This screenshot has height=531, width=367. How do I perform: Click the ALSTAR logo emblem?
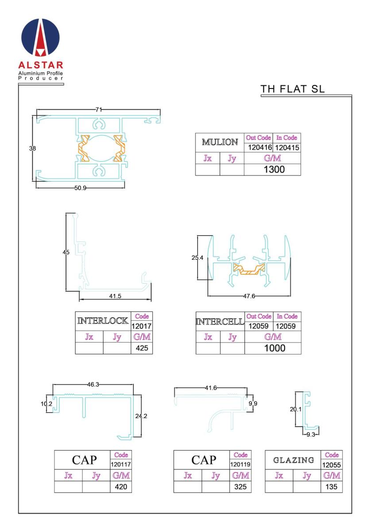pyautogui.click(x=40, y=38)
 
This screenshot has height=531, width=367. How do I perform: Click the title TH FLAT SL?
pyautogui.click(x=292, y=89)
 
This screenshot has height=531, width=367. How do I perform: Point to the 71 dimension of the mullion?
pyautogui.click(x=99, y=110)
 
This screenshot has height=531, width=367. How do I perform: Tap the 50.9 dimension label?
pyautogui.click(x=80, y=188)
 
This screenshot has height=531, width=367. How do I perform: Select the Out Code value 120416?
pyautogui.click(x=259, y=148)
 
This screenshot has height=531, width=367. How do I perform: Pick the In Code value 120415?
pyautogui.click(x=287, y=148)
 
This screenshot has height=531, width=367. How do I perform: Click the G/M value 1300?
pyautogui.click(x=274, y=169)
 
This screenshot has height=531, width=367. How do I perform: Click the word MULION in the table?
pyautogui.click(x=220, y=142)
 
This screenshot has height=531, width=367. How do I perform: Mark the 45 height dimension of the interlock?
pyautogui.click(x=66, y=252)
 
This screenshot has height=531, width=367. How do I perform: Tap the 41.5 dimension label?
pyautogui.click(x=115, y=296)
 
